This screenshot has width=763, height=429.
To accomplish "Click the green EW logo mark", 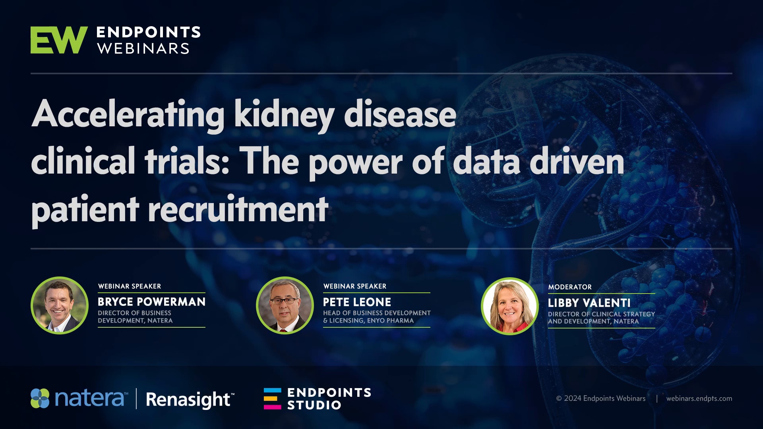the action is [x=59, y=40].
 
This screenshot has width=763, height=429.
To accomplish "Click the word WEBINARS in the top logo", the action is [x=143, y=48].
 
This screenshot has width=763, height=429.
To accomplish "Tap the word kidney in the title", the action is [x=284, y=115].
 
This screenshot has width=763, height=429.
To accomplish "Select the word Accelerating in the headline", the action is [x=128, y=115].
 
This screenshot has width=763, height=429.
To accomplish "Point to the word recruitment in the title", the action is [x=238, y=209].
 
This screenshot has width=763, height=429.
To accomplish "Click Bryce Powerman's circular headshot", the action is [x=60, y=305].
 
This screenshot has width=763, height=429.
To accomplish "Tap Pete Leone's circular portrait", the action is [x=285, y=305].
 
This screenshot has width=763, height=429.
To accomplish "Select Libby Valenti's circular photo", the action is [x=510, y=306].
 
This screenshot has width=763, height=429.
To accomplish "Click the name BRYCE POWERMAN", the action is [x=151, y=302].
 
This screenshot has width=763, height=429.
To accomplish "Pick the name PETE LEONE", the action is [x=357, y=302].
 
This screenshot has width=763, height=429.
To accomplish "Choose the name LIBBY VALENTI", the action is [x=589, y=303].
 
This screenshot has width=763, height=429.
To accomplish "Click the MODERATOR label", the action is [x=570, y=287].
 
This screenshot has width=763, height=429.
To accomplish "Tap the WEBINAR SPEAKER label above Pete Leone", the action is [x=354, y=286].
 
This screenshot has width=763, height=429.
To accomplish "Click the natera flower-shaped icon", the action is [x=40, y=398].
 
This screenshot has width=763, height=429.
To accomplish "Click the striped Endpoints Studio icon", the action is [x=272, y=398].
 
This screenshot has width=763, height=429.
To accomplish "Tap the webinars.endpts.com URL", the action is [x=699, y=398].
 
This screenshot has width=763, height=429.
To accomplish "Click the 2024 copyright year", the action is [x=573, y=398].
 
